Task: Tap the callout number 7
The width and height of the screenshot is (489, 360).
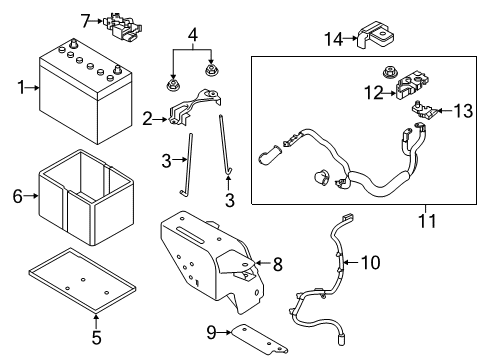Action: coord(86,18)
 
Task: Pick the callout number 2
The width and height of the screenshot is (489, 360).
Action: coord(148,120)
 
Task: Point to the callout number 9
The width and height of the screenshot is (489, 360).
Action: coord(212,332)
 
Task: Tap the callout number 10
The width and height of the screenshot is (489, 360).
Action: coord(370,263)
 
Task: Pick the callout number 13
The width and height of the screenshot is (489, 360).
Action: coord(462,109)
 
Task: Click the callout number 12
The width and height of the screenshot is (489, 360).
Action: coord(372,94)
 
